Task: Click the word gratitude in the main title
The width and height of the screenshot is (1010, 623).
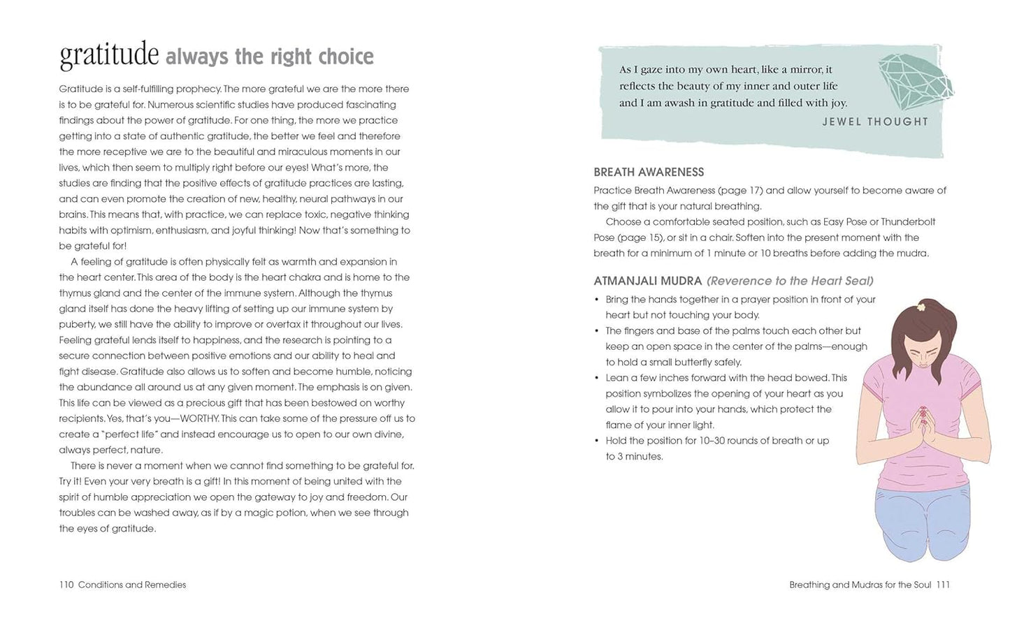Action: [109, 55]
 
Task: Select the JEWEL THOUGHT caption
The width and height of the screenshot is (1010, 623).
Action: [874, 122]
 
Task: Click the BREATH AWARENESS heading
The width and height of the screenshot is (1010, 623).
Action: [649, 172]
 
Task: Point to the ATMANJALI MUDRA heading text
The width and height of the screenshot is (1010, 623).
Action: [647, 281]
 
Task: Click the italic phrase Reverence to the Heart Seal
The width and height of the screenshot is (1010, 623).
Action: [790, 281]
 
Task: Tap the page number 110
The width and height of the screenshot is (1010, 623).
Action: [66, 585]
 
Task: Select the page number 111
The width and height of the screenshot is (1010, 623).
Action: [943, 585]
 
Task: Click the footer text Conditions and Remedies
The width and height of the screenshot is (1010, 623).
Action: [132, 585]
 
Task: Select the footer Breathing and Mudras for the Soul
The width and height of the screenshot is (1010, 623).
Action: [860, 585]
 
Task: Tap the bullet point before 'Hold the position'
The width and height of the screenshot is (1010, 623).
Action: [596, 441]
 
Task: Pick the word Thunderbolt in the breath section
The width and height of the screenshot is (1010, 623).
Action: [908, 221]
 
